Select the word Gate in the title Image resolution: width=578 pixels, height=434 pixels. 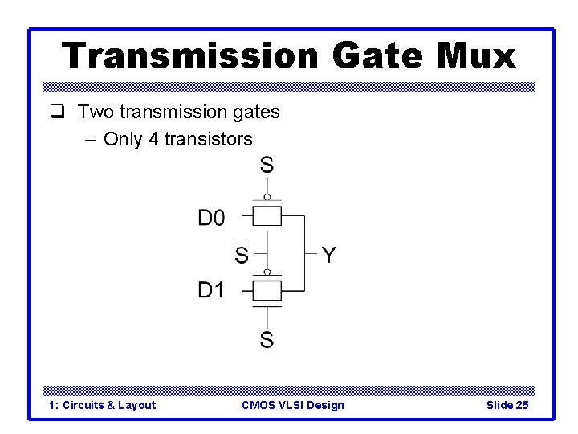tap(373, 55)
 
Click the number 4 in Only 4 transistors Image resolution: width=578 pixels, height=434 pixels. tap(153, 139)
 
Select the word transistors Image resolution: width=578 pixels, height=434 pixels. tap(208, 139)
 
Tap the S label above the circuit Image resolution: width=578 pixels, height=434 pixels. tap(267, 166)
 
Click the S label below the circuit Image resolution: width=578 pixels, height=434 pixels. tap(267, 340)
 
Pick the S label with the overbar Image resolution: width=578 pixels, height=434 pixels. tap(241, 255)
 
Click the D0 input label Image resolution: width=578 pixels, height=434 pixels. tap(211, 217)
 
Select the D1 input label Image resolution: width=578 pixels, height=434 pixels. tap(211, 290)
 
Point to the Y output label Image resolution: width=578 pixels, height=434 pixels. tap(329, 256)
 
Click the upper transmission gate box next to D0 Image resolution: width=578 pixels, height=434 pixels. tap(267, 216)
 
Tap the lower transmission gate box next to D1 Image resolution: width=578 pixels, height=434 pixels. tap(267, 289)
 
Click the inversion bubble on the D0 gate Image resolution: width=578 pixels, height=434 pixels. tap(267, 197)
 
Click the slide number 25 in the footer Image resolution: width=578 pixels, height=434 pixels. tap(521, 405)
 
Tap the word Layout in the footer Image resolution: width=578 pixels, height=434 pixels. tap(136, 405)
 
